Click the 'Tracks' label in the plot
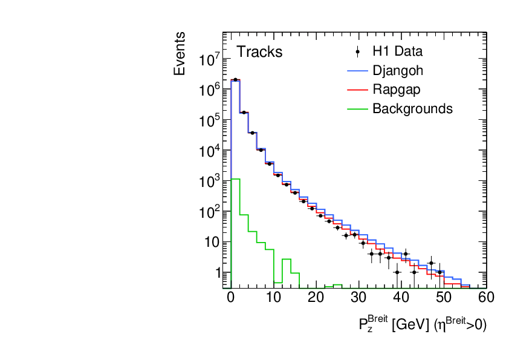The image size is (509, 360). tap(259, 52)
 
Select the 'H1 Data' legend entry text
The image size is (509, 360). tap(397, 51)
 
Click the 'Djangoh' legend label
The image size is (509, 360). tap(398, 70)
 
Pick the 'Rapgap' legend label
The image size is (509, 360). tap(397, 90)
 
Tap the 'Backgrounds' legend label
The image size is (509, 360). tap(412, 109)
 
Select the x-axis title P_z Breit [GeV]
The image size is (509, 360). tap(422, 325)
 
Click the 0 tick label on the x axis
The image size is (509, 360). tap(230, 297)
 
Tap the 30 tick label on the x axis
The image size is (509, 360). tap(358, 297)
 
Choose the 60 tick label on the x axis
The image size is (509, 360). tap(486, 297)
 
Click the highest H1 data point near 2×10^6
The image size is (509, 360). tap(235, 79)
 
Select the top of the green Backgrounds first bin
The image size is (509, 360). tap(235, 179)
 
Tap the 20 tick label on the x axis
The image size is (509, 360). tap(316, 297)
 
